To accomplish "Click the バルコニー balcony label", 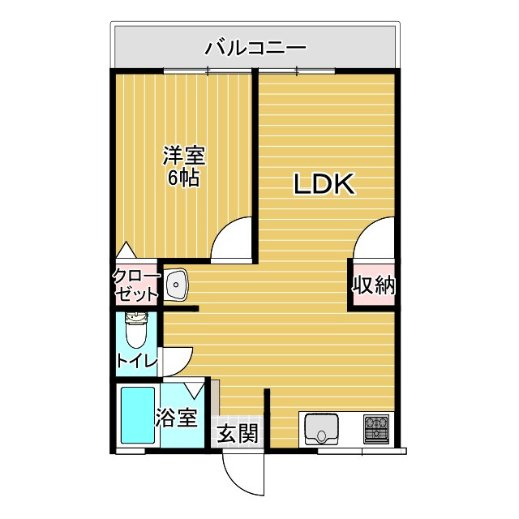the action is pyautogui.click(x=255, y=49).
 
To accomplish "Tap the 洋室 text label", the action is pyautogui.click(x=184, y=156).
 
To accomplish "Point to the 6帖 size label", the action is pyautogui.click(x=184, y=178).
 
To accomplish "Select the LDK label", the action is pyautogui.click(x=324, y=184).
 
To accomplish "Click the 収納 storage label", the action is pyautogui.click(x=374, y=285).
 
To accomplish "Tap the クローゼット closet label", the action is pyautogui.click(x=136, y=285).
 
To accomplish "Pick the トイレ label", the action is pyautogui.click(x=137, y=361).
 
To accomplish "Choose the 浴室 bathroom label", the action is pyautogui.click(x=177, y=418).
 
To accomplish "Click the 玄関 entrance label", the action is pyautogui.click(x=238, y=434).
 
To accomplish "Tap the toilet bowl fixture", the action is pyautogui.click(x=136, y=331).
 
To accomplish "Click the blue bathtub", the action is pyautogui.click(x=138, y=415).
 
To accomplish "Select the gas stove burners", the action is pyautogui.click(x=376, y=429).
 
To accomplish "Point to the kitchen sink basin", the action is pyautogui.click(x=321, y=430).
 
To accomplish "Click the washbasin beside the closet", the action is pyautogui.click(x=176, y=285).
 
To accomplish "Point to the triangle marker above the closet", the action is pyautogui.click(x=126, y=250).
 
